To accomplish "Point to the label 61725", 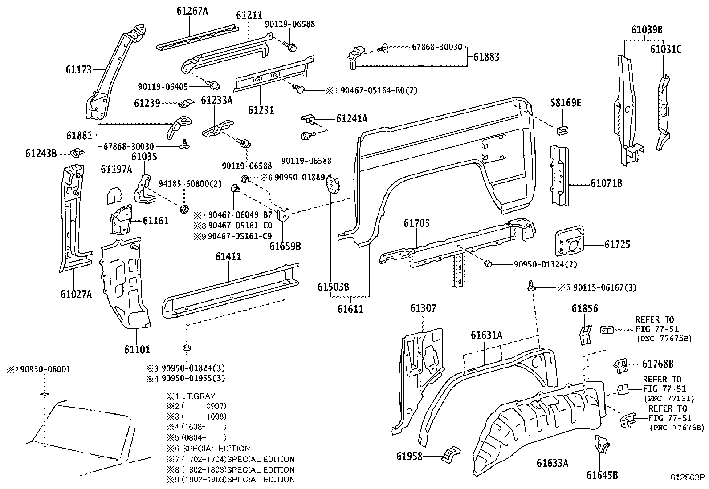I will [617, 244].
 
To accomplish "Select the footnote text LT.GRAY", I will [197, 396].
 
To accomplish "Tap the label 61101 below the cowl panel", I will [137, 349].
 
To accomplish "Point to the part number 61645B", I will [602, 475].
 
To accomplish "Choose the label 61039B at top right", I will [647, 30].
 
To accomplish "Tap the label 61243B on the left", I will [41, 154].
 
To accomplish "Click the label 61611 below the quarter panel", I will [350, 308].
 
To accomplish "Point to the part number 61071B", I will [606, 183].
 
